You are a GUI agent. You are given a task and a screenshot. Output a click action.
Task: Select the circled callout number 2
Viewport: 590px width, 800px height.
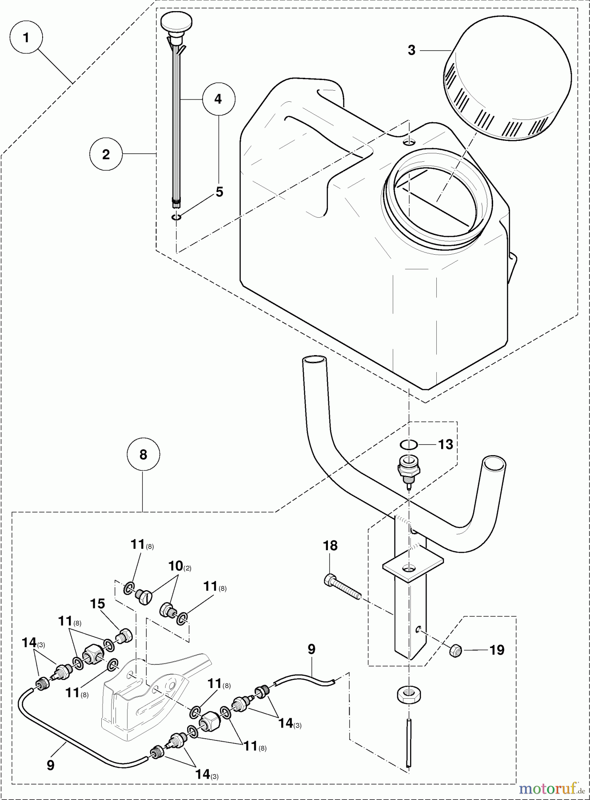[106, 154]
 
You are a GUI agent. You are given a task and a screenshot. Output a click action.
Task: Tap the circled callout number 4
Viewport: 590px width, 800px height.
[218, 99]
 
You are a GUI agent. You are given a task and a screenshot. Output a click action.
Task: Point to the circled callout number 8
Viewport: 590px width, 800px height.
[143, 454]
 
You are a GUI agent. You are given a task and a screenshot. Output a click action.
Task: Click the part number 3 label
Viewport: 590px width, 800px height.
[412, 50]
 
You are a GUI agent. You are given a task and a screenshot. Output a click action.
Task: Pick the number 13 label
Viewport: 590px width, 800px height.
[446, 444]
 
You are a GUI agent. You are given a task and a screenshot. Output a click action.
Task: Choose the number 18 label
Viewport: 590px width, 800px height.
[330, 545]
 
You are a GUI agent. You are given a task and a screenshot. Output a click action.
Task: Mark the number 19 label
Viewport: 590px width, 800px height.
[497, 650]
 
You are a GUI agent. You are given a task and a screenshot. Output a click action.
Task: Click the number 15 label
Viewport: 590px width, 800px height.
[97, 604]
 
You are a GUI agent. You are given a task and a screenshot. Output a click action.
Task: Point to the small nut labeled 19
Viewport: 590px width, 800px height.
[456, 651]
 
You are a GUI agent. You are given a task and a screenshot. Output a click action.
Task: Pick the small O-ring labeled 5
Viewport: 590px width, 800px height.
[176, 217]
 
